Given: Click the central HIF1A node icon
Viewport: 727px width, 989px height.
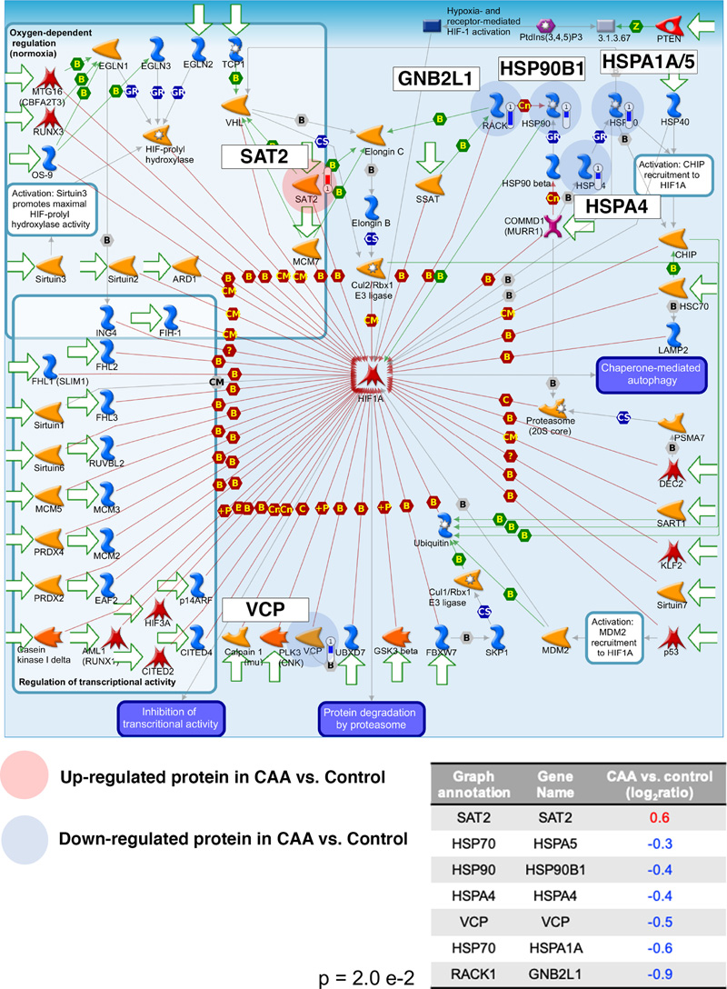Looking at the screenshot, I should coord(372,375).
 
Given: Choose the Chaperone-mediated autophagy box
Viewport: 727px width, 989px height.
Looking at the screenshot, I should coord(651,374).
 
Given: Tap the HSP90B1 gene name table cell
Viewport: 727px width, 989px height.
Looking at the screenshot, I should coord(555,870).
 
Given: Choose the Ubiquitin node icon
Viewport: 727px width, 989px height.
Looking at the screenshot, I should coord(445,524).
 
